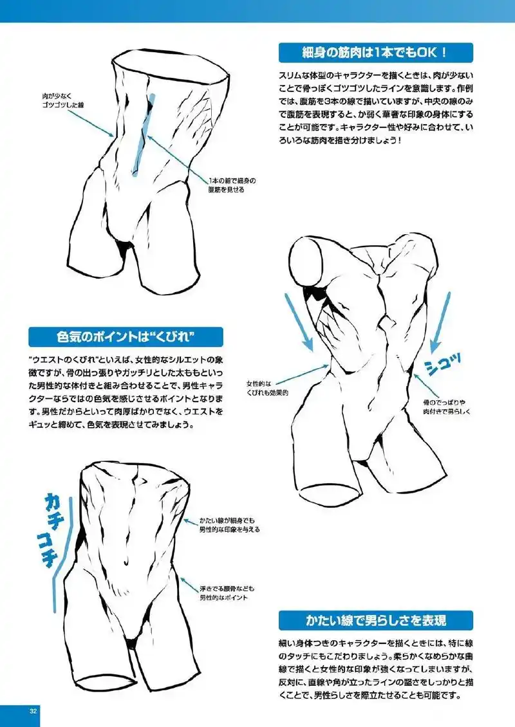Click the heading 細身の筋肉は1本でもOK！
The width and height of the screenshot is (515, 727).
coord(375,52)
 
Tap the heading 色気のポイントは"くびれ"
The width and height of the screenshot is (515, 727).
coord(126,337)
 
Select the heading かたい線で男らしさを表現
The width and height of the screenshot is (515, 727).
coord(376,621)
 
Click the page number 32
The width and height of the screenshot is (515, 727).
coord(33,710)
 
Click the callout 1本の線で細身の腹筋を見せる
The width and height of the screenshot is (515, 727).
coord(226,185)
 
